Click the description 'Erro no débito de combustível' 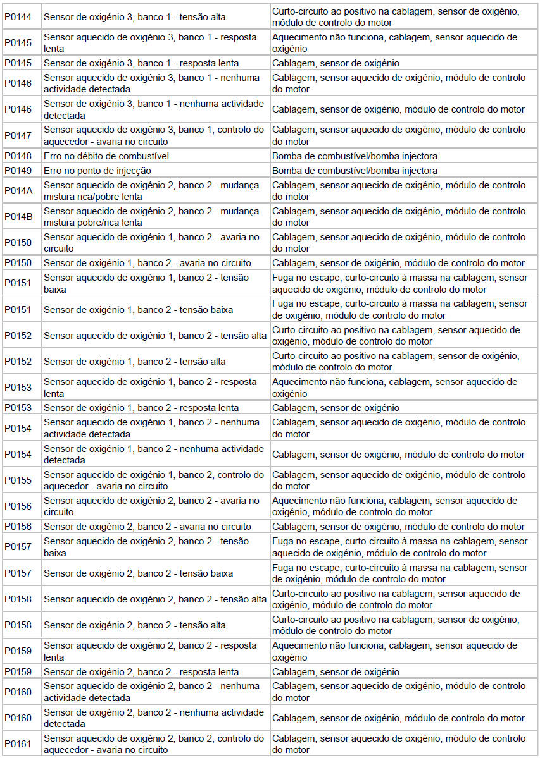(106, 156)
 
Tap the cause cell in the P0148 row (355, 156)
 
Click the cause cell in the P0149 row (355, 171)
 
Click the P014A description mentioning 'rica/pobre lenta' (151, 191)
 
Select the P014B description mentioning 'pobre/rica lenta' (151, 217)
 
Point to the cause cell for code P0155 (399, 480)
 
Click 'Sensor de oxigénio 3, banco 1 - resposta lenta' (142, 63)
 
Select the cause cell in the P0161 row (399, 744)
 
